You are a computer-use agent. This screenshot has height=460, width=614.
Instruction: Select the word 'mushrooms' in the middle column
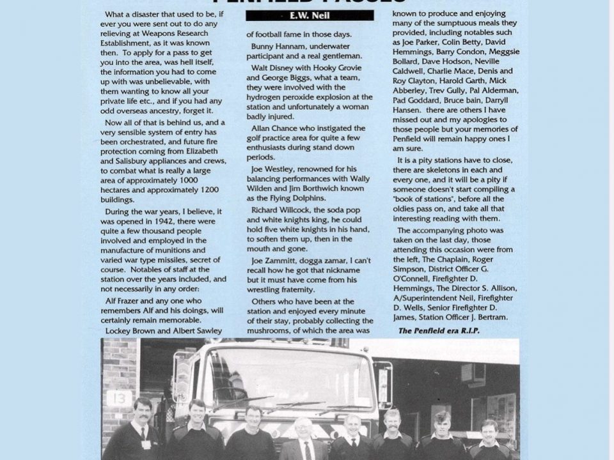271,330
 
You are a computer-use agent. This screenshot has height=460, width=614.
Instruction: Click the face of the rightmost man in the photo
489,430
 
